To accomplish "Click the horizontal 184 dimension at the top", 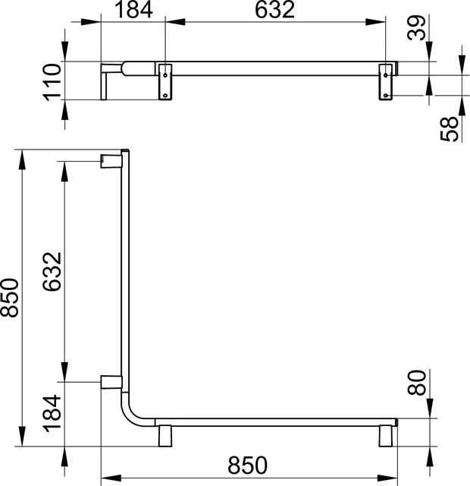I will coord(134,11).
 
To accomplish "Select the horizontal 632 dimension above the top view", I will coord(275,11).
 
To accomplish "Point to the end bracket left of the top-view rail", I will coord(108,80).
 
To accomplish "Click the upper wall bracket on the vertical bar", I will coord(111,159).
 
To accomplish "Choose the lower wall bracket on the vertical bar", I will coord(111,381).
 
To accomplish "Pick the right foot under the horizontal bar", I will coord(387,437).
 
